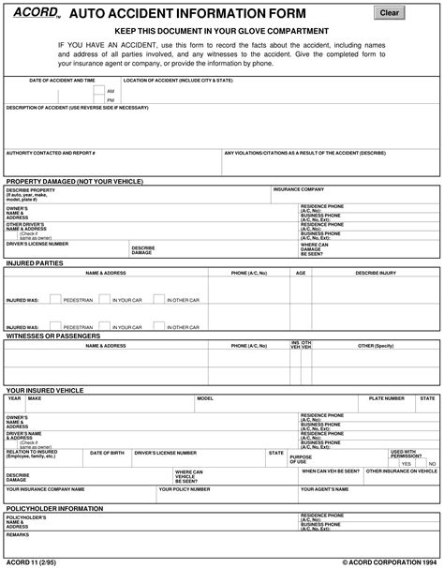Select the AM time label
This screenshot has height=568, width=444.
pyautogui.click(x=111, y=91)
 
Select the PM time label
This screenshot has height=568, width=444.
pyautogui.click(x=111, y=98)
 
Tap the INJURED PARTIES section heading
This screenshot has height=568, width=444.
pyautogui.click(x=35, y=263)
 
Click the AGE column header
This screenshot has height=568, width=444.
pyautogui.click(x=301, y=273)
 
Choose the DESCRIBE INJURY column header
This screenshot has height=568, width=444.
pyautogui.click(x=375, y=273)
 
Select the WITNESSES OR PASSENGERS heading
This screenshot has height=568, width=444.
pyautogui.click(x=53, y=335)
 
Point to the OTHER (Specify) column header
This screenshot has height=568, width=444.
pyautogui.click(x=375, y=345)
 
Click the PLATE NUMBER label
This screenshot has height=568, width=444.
pyautogui.click(x=386, y=397)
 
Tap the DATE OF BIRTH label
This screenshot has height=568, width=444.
pyautogui.click(x=107, y=452)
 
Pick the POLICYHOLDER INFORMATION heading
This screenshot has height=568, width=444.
pyautogui.click(x=54, y=507)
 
